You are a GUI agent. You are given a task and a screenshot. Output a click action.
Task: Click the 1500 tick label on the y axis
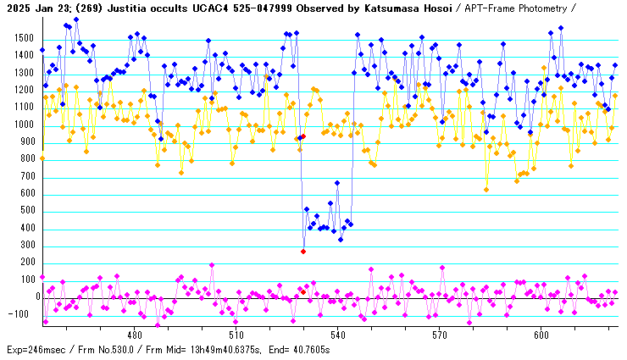(x=24, y=39)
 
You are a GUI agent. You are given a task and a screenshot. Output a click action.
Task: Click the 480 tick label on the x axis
(x=135, y=334)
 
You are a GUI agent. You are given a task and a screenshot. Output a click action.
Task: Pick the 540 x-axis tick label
(x=337, y=334)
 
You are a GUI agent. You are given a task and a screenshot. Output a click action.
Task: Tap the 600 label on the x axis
(x=541, y=334)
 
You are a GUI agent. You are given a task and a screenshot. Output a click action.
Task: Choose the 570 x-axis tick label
(x=439, y=334)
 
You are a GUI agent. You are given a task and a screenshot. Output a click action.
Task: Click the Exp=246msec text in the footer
(x=35, y=350)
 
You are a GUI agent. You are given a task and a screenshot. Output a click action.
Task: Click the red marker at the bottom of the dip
(x=303, y=251)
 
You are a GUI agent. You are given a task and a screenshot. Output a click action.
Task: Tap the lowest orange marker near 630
(x=486, y=189)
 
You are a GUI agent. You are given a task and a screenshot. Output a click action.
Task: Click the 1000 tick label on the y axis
(x=24, y=125)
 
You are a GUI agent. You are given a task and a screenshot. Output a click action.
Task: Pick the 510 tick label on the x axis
(x=236, y=334)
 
